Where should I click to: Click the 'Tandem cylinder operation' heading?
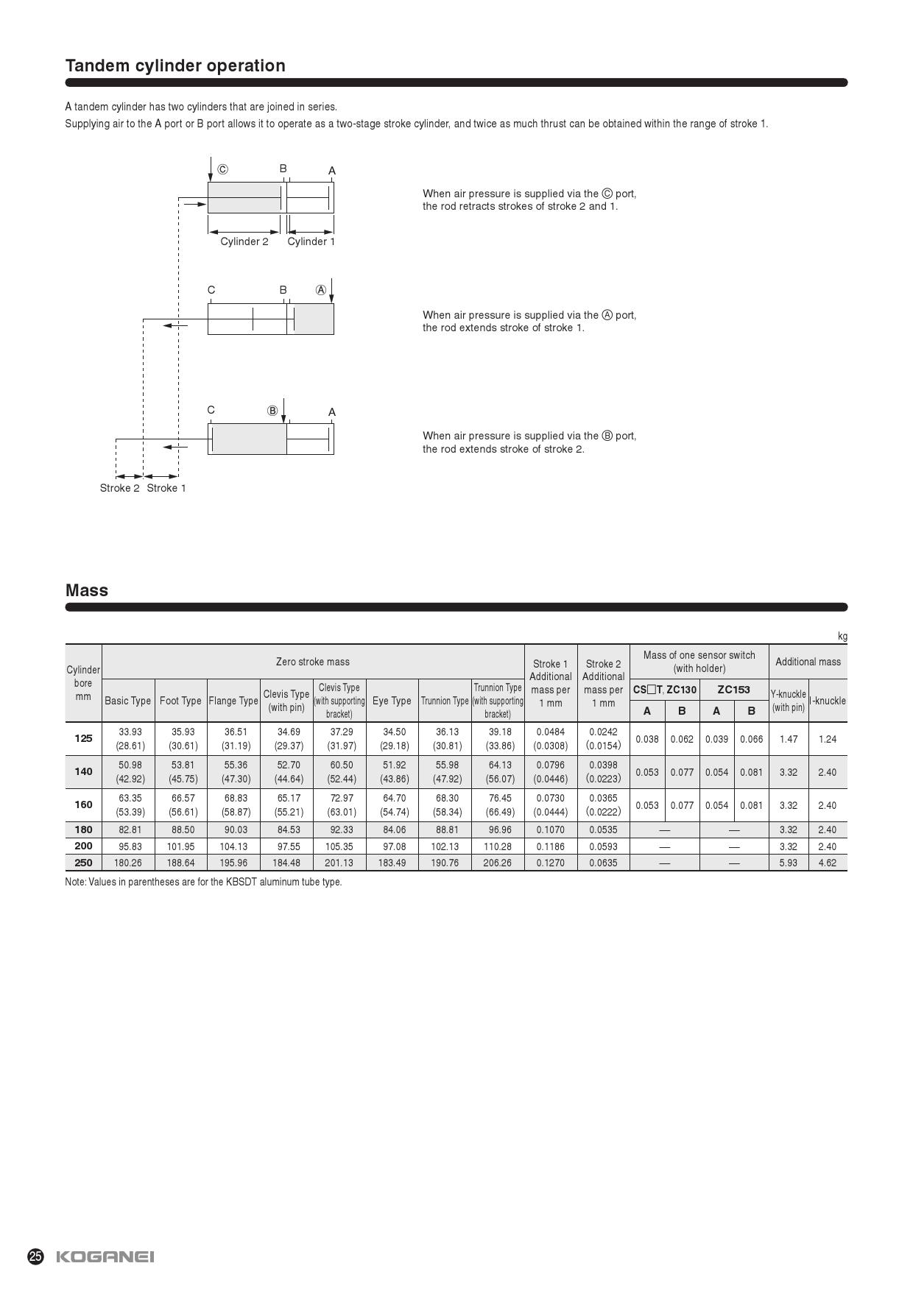pyautogui.click(x=175, y=66)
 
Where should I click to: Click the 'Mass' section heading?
pyautogui.click(x=87, y=590)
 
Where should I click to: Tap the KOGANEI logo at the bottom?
pyautogui.click(x=105, y=1256)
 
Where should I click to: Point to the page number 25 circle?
pyautogui.click(x=35, y=1256)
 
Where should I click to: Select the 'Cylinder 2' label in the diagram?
pyautogui.click(x=244, y=241)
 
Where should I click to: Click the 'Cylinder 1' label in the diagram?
pyautogui.click(x=311, y=241)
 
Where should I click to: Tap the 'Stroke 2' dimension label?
pyautogui.click(x=119, y=488)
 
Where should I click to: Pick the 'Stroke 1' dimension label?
pyautogui.click(x=166, y=488)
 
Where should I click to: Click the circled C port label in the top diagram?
pyautogui.click(x=222, y=169)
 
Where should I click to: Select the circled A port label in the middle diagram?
pyautogui.click(x=320, y=290)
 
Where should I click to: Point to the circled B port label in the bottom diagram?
pyautogui.click(x=272, y=411)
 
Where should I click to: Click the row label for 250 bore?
pyautogui.click(x=83, y=862)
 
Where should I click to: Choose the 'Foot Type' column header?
pyautogui.click(x=180, y=701)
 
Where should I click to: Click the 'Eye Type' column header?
pyautogui.click(x=392, y=701)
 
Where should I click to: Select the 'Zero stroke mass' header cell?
pyautogui.click(x=313, y=662)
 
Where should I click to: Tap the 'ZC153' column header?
pyautogui.click(x=733, y=690)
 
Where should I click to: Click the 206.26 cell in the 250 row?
pyautogui.click(x=497, y=863)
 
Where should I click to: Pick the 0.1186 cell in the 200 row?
pyautogui.click(x=550, y=846)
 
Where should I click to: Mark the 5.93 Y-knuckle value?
pyautogui.click(x=788, y=863)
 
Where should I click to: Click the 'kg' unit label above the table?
pyautogui.click(x=842, y=637)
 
